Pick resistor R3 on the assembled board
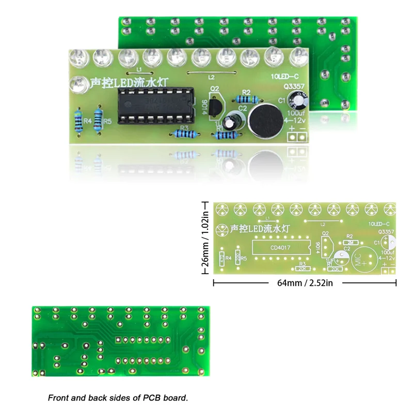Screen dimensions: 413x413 pos(184,134)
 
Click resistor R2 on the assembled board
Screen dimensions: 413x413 pos(246,99)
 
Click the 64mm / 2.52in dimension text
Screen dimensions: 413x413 pos(305,283)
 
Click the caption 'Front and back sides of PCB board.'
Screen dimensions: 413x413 pos(118,398)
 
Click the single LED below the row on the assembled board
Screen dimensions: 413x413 pos(78,83)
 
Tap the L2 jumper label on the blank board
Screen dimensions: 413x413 pos(324,225)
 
